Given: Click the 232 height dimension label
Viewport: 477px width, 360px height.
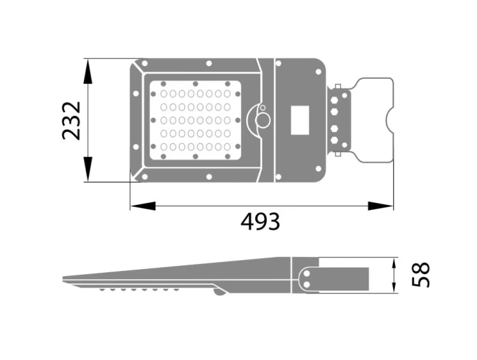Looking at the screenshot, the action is tap(71, 120).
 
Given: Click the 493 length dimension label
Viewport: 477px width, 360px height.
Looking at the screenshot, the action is tap(260, 221).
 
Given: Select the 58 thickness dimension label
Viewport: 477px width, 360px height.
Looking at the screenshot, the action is tap(421, 275).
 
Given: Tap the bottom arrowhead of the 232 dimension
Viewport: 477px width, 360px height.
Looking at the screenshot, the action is tap(88, 169).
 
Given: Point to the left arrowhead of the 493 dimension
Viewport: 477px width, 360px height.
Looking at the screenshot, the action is tap(143, 206).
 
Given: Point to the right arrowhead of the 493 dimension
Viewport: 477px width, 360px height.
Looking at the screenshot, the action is tap(380, 206).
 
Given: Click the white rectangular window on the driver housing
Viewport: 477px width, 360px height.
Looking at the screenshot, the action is tap(300, 120).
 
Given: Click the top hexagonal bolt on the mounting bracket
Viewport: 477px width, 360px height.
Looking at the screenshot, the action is tap(335, 100).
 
